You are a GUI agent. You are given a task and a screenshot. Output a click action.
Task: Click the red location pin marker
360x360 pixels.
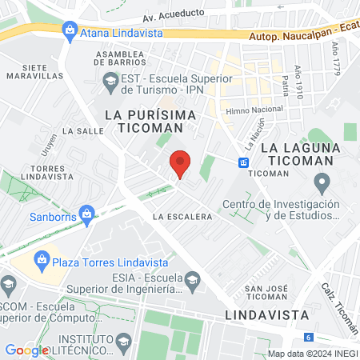pyautogui.click(x=180, y=164)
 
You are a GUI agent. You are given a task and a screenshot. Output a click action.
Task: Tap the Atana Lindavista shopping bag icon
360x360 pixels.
pyautogui.click(x=70, y=31)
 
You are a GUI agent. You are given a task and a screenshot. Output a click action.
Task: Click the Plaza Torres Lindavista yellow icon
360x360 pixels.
pyautogui.click(x=40, y=259)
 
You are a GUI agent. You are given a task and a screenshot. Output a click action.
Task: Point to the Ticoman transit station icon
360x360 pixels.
pyautogui.click(x=243, y=162)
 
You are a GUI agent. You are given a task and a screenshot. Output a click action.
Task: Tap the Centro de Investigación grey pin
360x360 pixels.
pyautogui.click(x=322, y=185)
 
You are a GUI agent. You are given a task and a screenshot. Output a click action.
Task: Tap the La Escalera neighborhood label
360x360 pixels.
pyautogui.click(x=183, y=217)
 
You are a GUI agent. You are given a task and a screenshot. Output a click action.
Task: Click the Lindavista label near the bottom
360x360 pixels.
pyautogui.click(x=259, y=314)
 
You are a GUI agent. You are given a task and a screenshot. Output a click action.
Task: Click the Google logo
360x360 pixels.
pyautogui.click(x=26, y=350)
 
